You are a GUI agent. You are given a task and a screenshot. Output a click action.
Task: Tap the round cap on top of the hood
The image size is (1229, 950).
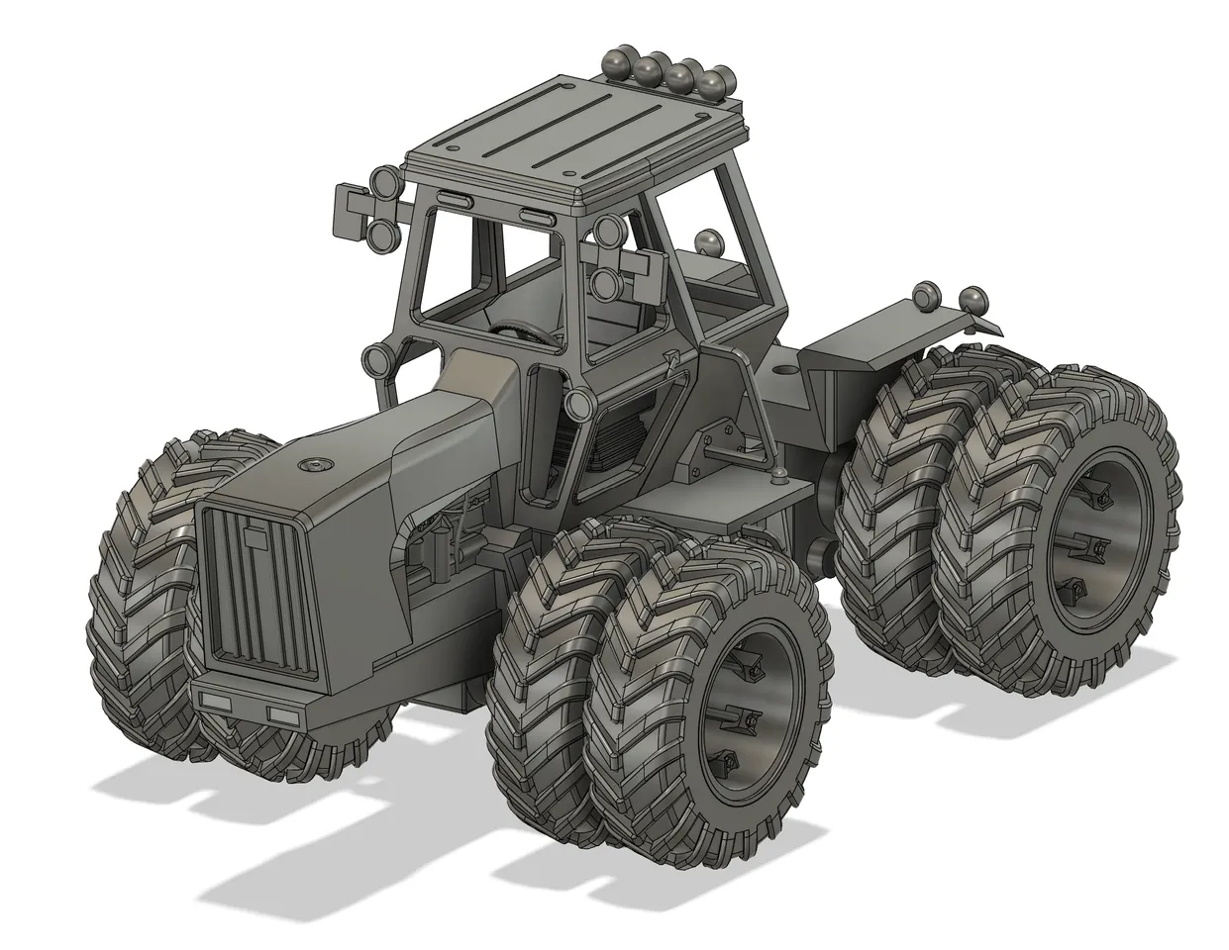(315, 463)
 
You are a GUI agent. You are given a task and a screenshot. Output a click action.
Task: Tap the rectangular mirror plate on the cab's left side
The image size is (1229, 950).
(353, 210)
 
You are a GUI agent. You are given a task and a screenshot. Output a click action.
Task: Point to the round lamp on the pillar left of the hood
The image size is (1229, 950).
(378, 359)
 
